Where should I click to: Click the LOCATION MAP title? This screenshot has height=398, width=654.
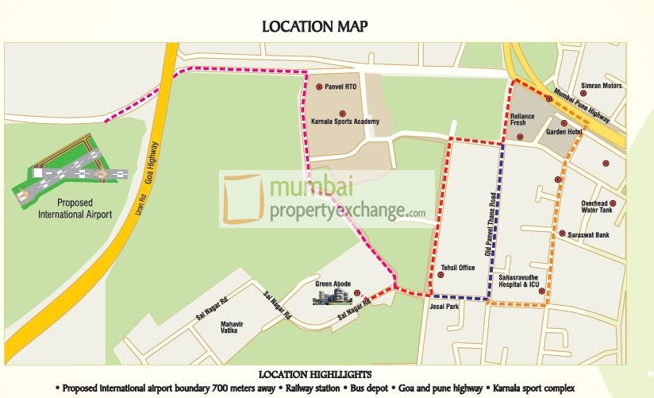[315, 27]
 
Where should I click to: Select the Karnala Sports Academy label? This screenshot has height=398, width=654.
[345, 122]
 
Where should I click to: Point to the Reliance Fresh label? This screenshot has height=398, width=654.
[522, 120]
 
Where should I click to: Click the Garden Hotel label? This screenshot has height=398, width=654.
[560, 132]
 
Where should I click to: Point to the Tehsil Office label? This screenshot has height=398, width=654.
[457, 268]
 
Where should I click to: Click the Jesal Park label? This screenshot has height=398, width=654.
[444, 306]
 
